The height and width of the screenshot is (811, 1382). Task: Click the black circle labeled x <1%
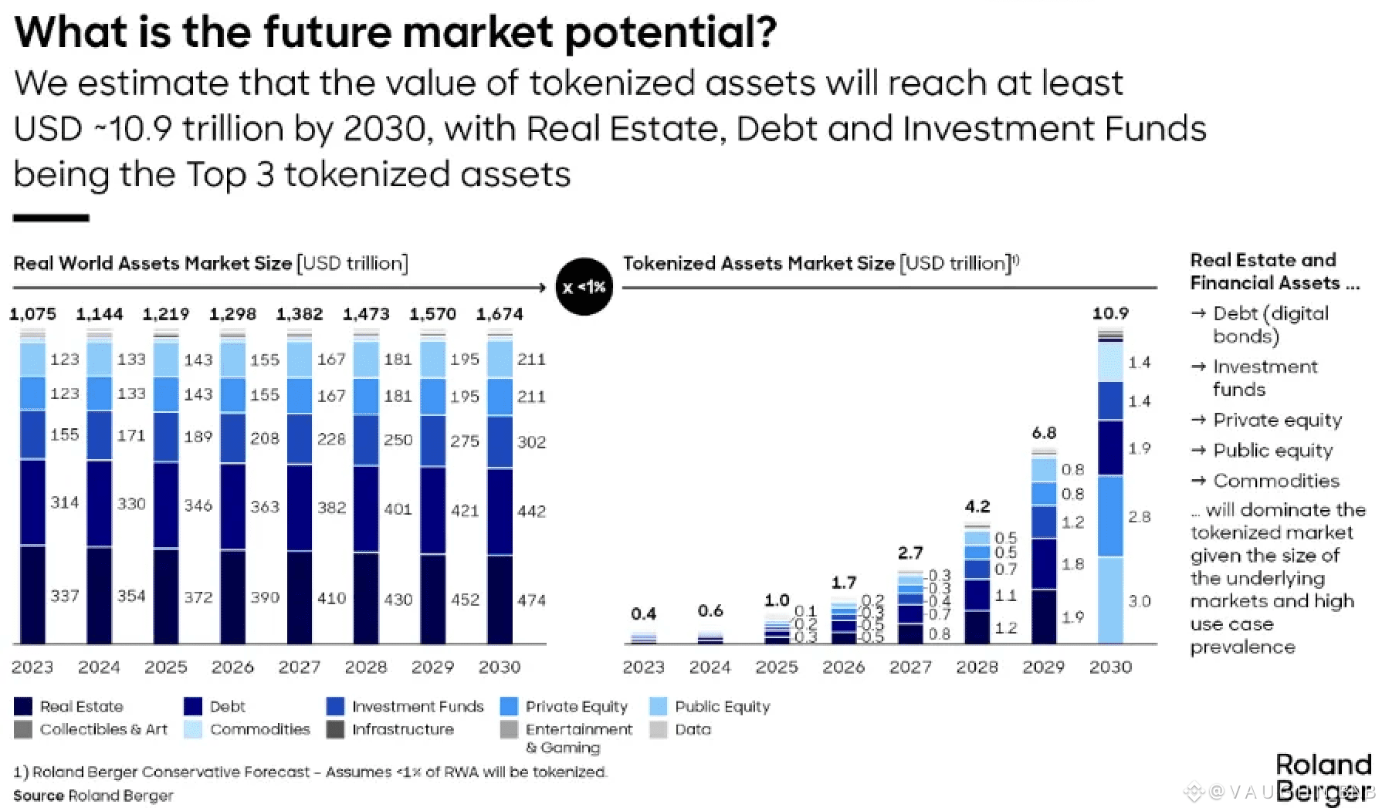(x=584, y=287)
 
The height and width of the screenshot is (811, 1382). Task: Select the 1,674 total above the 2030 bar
(x=500, y=314)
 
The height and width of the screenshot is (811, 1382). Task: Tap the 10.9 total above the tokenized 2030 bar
(x=1110, y=313)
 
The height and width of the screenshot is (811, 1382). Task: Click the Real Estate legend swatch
(x=23, y=706)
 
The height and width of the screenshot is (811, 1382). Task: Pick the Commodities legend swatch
(x=193, y=729)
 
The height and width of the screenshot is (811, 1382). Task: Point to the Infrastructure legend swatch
(x=335, y=729)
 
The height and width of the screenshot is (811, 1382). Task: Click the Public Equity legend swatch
(x=659, y=706)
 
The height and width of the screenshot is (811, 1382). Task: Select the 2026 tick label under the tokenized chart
(x=843, y=667)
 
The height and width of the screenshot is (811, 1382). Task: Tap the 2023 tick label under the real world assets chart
(x=32, y=667)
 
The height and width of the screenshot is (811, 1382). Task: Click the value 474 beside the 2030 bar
(x=531, y=600)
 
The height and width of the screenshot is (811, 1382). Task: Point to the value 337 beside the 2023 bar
(x=65, y=596)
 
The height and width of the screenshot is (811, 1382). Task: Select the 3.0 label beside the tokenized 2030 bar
(x=1140, y=600)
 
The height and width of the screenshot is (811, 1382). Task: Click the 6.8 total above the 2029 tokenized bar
(x=1044, y=433)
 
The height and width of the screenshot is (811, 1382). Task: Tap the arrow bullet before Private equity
(x=1198, y=420)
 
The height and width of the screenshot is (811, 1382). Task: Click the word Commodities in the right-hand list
(x=1276, y=481)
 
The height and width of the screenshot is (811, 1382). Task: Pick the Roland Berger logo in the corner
(x=1323, y=778)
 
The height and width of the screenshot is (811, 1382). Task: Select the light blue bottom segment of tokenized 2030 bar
(x=1110, y=600)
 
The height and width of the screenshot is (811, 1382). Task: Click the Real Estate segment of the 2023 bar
(x=32, y=594)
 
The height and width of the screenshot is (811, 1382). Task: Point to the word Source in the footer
(x=38, y=796)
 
